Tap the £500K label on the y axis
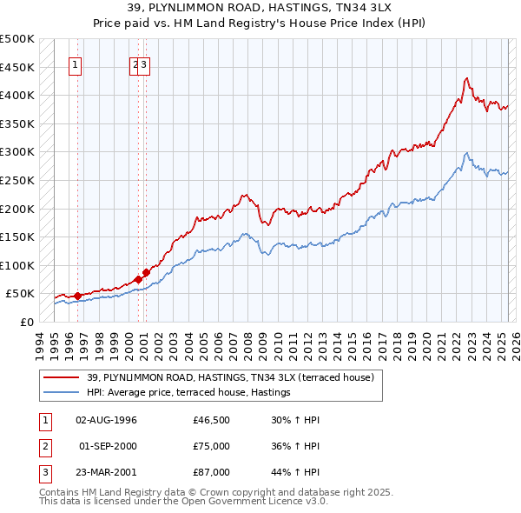tap(17, 39)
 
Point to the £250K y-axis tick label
tap(17, 180)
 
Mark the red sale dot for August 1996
tap(77, 296)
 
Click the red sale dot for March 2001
tap(146, 272)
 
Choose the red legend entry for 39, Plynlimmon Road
tap(230, 377)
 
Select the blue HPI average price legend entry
tap(188, 393)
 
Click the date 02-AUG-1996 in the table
tap(107, 420)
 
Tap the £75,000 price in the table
tap(212, 446)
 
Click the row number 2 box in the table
tap(43, 446)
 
